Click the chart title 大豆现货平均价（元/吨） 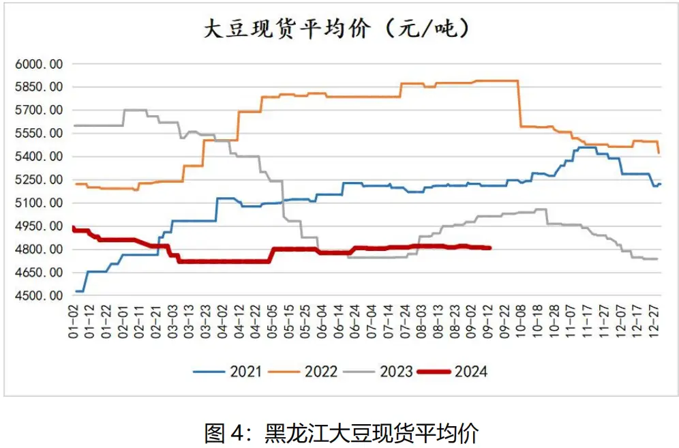339,29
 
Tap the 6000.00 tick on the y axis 39,63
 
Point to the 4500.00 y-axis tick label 39,296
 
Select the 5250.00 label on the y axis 39,180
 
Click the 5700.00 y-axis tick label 39,110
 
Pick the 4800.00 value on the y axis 39,250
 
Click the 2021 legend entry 228,372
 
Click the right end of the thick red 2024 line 490,248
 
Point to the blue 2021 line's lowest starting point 79,291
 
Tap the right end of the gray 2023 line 657,258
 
